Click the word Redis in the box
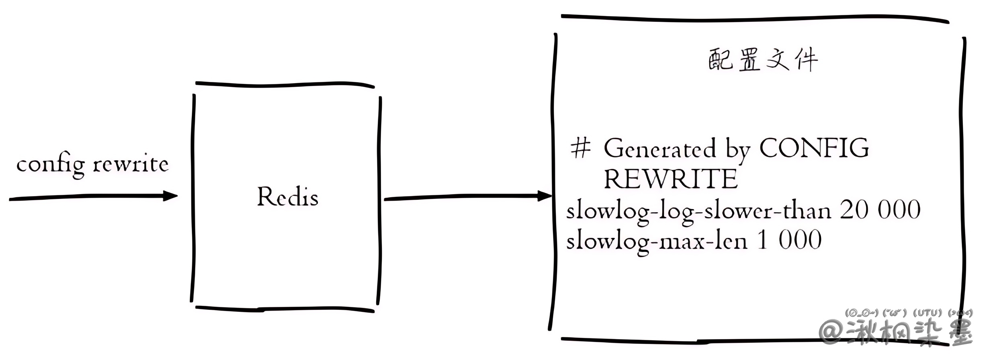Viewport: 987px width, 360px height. pyautogui.click(x=287, y=197)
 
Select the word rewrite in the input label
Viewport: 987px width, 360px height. pyautogui.click(x=131, y=164)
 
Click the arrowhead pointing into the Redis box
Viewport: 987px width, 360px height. pyautogui.click(x=170, y=196)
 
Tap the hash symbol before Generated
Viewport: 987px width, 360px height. pyautogui.click(x=581, y=148)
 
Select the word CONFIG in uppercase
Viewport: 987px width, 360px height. pyautogui.click(x=814, y=148)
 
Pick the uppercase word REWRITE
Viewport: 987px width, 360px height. pyautogui.click(x=670, y=179)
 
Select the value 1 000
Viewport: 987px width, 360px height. pyautogui.click(x=789, y=240)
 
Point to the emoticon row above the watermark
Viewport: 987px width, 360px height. pyautogui.click(x=908, y=313)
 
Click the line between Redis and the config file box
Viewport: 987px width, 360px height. pyautogui.click(x=462, y=197)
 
